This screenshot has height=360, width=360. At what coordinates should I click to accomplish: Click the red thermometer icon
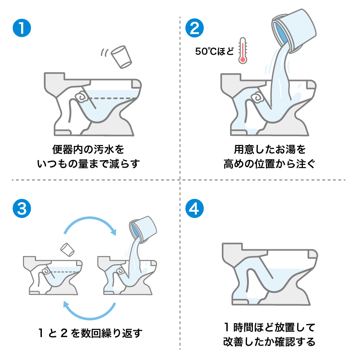point(243,50)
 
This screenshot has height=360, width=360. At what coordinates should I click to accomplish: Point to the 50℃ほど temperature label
point(215,51)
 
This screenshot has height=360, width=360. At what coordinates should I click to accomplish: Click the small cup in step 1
point(121,56)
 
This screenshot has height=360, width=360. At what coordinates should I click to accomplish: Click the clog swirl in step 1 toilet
point(81,96)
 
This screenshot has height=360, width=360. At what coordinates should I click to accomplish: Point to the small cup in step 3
point(67,249)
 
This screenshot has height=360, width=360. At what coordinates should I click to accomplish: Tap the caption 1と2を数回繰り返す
point(90,333)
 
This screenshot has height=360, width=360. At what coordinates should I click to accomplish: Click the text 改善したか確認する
point(269,342)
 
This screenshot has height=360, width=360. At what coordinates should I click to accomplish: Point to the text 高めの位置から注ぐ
point(269,164)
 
